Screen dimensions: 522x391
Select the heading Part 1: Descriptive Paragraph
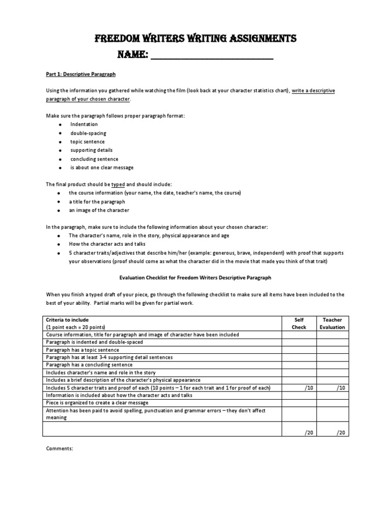pos(80,74)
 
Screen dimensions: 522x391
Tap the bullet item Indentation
pos(83,124)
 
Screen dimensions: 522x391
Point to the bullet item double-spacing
pos(88,133)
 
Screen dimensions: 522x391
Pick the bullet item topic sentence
pos(88,142)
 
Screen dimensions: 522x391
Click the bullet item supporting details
pos(91,150)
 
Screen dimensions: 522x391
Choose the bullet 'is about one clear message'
pos(102,168)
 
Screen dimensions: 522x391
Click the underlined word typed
pos(118,185)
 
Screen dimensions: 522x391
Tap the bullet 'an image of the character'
pos(99,211)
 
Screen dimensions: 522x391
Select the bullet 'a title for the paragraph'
pos(97,202)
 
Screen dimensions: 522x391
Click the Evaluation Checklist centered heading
pos(195,278)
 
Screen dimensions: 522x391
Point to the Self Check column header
pos(299,323)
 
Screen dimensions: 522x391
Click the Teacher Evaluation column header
pos(332,323)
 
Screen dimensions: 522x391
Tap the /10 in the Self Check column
pos(309,388)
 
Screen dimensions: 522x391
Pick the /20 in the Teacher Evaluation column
pos(340,432)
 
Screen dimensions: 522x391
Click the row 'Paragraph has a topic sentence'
pos(82,350)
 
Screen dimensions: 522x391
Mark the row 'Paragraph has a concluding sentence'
pos(89,365)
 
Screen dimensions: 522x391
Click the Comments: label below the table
pos(60,449)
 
